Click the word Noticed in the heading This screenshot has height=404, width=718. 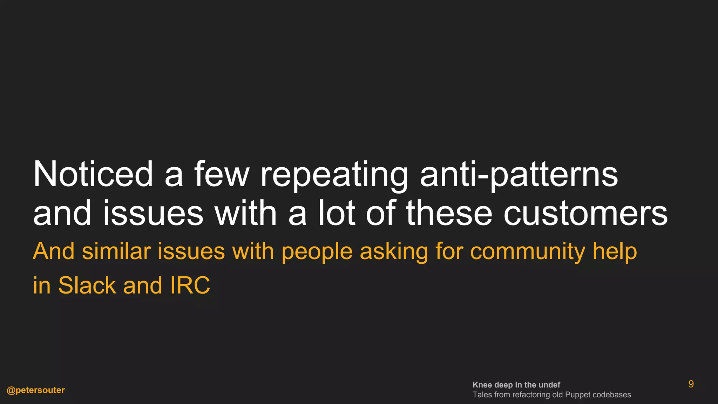click(x=93, y=174)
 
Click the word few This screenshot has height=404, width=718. click(x=222, y=174)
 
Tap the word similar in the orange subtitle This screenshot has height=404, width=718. click(x=118, y=251)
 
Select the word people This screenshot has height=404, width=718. click(x=317, y=252)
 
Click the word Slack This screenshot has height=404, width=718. click(x=87, y=285)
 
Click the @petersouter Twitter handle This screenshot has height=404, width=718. click(x=36, y=390)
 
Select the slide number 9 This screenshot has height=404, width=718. click(x=691, y=384)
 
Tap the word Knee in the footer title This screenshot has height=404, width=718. click(x=482, y=385)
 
